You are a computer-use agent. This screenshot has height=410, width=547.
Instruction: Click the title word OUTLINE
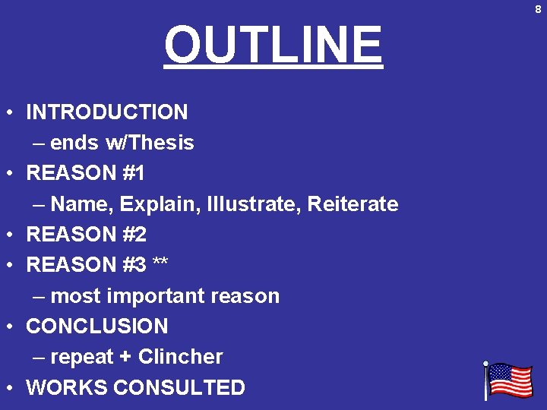pos(273,46)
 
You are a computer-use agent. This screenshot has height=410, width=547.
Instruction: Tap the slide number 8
pos(538,9)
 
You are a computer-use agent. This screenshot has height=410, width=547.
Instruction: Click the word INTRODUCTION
pos(107,112)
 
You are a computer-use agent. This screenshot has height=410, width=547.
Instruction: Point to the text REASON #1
pos(86,173)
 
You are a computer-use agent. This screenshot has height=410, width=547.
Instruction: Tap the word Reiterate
pos(353,204)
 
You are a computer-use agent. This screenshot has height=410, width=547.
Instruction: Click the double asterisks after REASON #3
pos(160,265)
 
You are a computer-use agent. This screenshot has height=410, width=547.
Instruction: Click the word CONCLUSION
pos(97,326)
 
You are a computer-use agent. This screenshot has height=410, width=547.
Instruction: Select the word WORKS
pos(66,387)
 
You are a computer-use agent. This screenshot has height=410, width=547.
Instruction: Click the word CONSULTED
pos(179,387)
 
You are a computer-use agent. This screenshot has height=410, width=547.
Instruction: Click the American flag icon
pos(507,380)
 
